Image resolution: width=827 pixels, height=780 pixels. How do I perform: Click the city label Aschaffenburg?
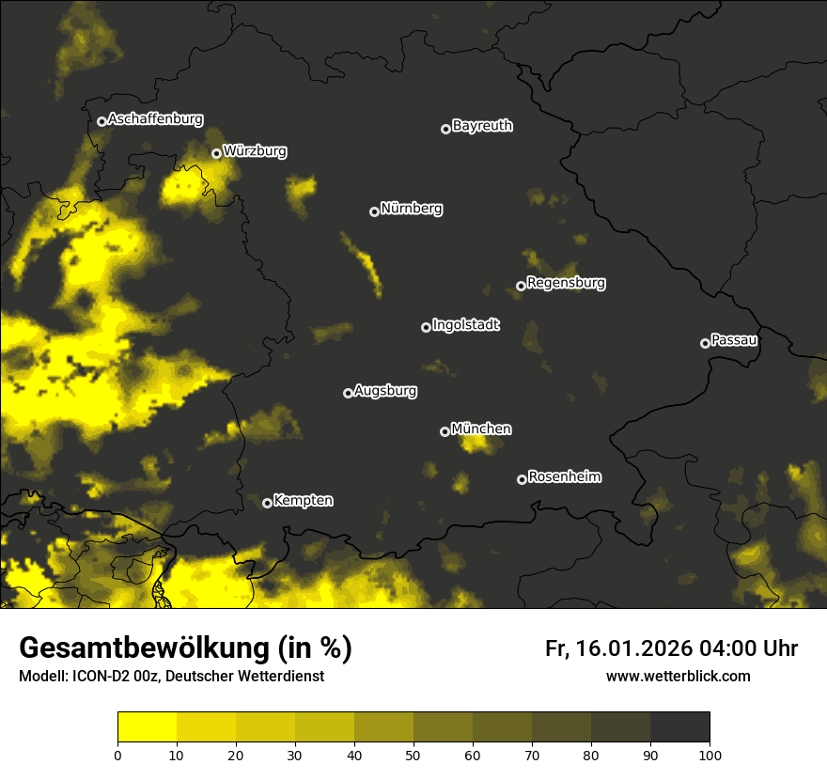coord(155,119)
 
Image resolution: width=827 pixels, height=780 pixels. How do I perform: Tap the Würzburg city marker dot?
coord(216,153)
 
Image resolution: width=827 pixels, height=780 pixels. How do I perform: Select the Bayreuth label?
coord(482,126)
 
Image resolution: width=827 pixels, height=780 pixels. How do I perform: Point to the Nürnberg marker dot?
coord(374,211)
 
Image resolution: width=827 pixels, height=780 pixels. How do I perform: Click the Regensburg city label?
coord(566,283)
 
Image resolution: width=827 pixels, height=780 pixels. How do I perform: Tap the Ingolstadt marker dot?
coord(426,327)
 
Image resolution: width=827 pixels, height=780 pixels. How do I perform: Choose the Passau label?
coord(734,340)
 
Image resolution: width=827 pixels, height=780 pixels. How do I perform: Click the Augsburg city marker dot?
coord(348,393)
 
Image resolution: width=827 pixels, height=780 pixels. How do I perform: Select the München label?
coord(481,429)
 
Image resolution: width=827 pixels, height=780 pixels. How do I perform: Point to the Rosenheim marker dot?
coord(522,479)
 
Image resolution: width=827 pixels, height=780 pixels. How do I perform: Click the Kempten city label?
coord(303,501)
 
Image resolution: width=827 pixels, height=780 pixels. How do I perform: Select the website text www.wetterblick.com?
coord(678,676)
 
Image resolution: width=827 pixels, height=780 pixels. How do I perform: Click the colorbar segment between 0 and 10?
coord(147,726)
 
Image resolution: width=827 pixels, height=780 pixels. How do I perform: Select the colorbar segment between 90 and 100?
coord(679,726)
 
